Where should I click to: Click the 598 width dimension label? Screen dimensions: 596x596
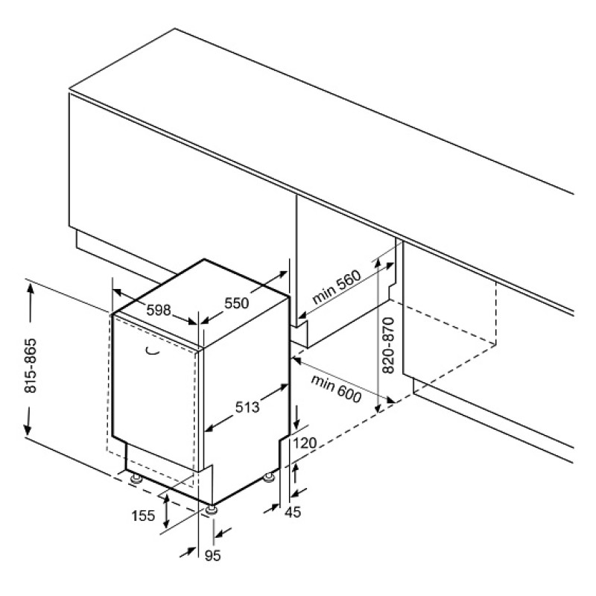click(x=159, y=310)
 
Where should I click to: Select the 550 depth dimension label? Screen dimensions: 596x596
click(x=236, y=303)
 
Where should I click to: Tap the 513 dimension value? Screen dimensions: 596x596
click(x=247, y=407)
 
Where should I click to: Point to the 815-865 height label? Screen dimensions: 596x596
click(x=31, y=365)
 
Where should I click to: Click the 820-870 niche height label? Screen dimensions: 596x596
click(x=388, y=346)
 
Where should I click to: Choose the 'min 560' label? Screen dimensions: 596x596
click(x=336, y=287)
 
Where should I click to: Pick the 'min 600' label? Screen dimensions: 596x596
click(x=336, y=388)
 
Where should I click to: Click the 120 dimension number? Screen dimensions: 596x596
click(x=305, y=443)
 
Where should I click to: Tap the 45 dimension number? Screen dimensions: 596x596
click(x=293, y=512)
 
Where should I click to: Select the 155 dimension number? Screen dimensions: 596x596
click(x=143, y=516)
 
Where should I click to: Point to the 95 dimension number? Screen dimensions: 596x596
click(x=212, y=556)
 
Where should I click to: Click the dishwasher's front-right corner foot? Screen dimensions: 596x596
click(x=211, y=510)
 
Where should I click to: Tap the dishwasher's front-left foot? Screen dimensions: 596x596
click(x=136, y=478)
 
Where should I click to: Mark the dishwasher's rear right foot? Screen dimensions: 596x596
click(x=269, y=477)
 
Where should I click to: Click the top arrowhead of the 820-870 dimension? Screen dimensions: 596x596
click(x=378, y=265)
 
